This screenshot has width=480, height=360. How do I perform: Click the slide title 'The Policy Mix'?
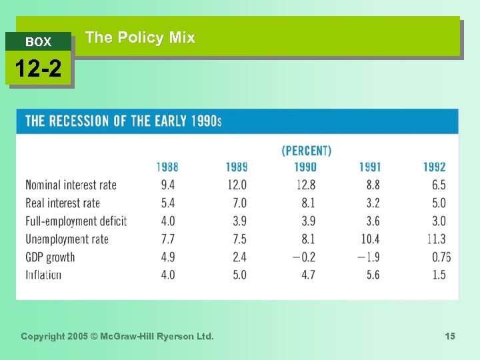(140, 38)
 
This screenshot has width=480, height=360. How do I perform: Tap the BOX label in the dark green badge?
(38, 42)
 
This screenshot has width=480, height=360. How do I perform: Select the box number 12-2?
(38, 69)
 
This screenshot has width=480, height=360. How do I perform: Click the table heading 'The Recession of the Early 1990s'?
(123, 121)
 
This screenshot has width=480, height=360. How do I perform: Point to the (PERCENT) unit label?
(306, 151)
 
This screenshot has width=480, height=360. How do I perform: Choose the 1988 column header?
(167, 167)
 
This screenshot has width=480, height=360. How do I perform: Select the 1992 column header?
(434, 167)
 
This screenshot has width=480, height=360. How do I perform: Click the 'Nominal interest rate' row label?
(71, 185)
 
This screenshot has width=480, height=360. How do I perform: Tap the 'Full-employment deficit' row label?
(75, 221)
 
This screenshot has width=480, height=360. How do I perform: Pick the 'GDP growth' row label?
(50, 257)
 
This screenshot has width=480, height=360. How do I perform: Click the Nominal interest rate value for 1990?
(306, 185)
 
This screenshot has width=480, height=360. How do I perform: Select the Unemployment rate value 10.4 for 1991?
(369, 239)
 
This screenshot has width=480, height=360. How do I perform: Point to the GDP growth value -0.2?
(305, 257)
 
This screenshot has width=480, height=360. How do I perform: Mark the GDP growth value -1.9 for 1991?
(369, 257)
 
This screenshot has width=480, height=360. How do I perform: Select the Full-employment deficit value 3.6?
(372, 221)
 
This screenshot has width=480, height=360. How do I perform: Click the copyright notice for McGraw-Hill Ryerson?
(117, 337)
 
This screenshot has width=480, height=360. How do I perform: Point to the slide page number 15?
(450, 337)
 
